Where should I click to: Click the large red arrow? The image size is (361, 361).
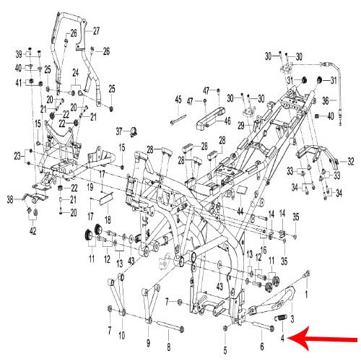coord(323,339)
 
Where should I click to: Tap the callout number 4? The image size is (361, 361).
coord(282,338)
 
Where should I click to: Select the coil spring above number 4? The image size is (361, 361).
coord(281,318)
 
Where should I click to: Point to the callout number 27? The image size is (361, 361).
coord(96,31)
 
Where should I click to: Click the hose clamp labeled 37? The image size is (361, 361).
coord(133,131)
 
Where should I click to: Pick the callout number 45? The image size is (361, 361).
coord(178,99)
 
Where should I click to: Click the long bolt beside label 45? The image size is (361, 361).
coord(178,120)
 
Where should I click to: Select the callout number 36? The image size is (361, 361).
coord(326,100)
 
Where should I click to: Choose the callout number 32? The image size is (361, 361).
coord(351,162)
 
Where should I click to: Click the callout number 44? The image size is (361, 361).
coord(240,212)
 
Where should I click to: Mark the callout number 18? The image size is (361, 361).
coord(108,219)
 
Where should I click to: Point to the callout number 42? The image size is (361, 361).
coord(32,231)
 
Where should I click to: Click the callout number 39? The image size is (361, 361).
coord(19,54)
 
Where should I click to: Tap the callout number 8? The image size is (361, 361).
coord(169,347)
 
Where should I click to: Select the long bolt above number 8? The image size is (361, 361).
coord(170,326)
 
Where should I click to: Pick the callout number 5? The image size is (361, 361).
coord(225,350)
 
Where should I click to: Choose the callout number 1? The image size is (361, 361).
coord(306,294)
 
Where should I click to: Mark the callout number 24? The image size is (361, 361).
coord(76,73)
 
